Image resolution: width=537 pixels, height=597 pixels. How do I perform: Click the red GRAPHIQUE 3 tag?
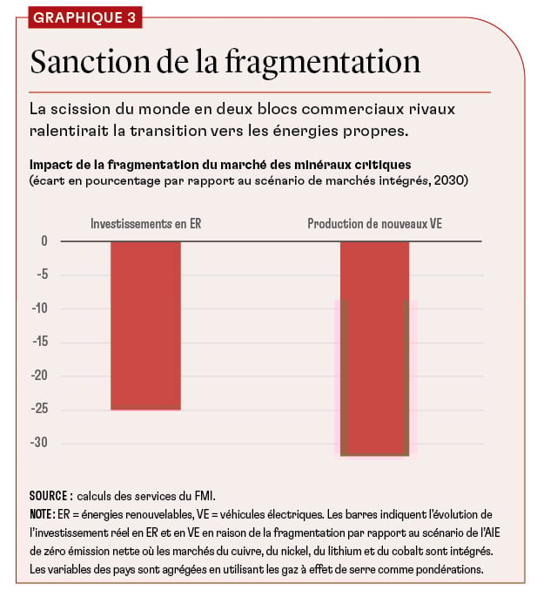point(83,17)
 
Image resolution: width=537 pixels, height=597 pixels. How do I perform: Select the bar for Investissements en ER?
point(145,324)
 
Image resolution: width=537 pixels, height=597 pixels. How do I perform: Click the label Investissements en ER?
point(145,224)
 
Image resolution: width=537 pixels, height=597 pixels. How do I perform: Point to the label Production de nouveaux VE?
point(374,224)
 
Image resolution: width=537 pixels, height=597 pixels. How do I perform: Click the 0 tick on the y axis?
point(44,241)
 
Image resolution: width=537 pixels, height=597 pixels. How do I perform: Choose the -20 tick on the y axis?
point(39,376)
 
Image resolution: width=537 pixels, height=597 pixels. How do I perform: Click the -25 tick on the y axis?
point(39,410)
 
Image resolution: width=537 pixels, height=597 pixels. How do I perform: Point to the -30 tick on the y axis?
point(39,443)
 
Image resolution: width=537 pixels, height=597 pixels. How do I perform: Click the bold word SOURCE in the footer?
point(49,495)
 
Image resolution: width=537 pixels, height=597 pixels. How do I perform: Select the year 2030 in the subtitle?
point(448,180)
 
